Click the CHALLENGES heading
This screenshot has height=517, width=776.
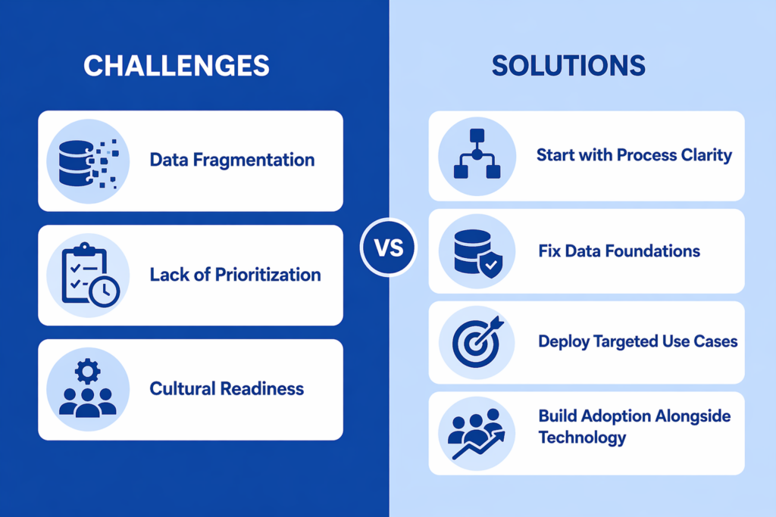176,66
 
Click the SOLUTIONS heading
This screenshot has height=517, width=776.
568,66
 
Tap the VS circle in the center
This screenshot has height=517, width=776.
387,248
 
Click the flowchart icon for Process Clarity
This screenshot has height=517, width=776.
477,154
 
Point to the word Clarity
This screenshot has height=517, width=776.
706,155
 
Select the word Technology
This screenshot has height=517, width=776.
582,438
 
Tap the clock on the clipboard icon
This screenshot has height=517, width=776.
105,291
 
